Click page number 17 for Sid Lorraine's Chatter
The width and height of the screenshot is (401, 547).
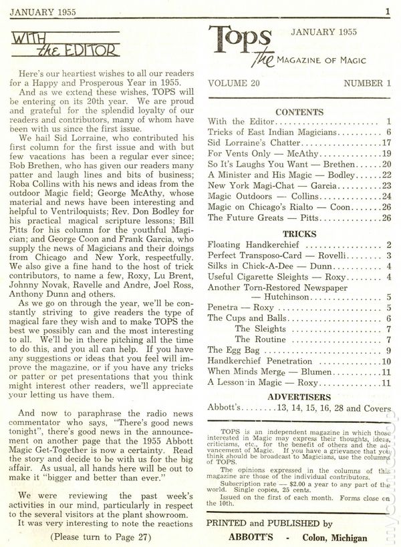[385, 143]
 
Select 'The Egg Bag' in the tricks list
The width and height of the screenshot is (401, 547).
[231, 350]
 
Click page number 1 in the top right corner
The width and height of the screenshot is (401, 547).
[387, 11]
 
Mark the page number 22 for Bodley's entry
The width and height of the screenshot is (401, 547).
[385, 175]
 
